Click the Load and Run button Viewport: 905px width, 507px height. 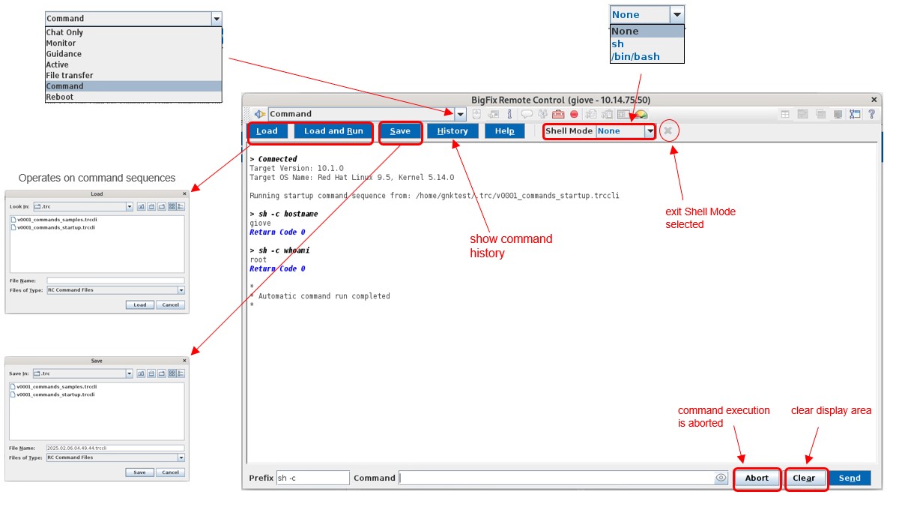pos(333,131)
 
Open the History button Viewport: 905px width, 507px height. pos(452,131)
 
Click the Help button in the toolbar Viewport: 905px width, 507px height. pos(505,131)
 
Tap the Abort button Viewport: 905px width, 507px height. pos(757,478)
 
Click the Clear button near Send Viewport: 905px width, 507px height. pos(804,478)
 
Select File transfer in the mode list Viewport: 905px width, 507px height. pos(70,75)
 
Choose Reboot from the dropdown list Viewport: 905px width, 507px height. pos(60,97)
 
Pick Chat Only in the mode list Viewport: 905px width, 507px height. pos(64,32)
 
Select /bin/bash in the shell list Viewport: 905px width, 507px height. pos(635,56)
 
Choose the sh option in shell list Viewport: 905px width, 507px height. pos(617,43)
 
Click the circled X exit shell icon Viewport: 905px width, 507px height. pos(668,130)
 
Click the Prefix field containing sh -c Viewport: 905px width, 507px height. pos(312,478)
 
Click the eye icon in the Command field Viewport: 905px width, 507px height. pos(721,478)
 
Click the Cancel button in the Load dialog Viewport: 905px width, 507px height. pos(170,304)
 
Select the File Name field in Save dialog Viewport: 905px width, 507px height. pos(115,447)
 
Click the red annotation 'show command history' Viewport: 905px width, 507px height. pos(511,246)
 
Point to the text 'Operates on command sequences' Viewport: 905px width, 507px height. pos(97,178)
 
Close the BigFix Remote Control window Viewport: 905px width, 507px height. pos(874,100)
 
